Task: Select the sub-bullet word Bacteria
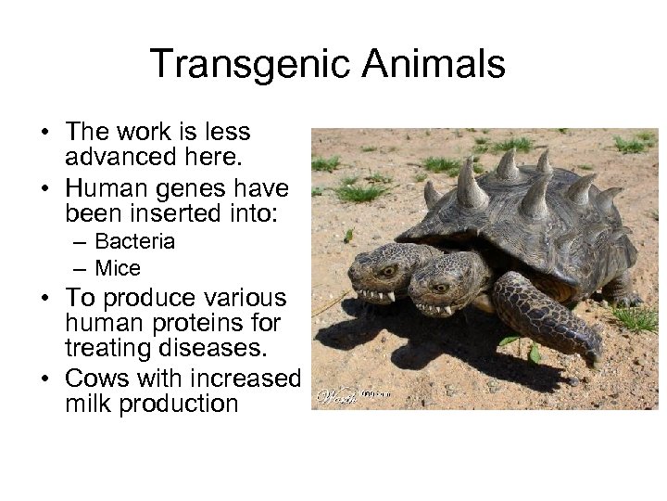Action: coord(135,241)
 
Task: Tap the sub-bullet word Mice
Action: coord(118,269)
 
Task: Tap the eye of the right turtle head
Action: coord(435,275)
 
